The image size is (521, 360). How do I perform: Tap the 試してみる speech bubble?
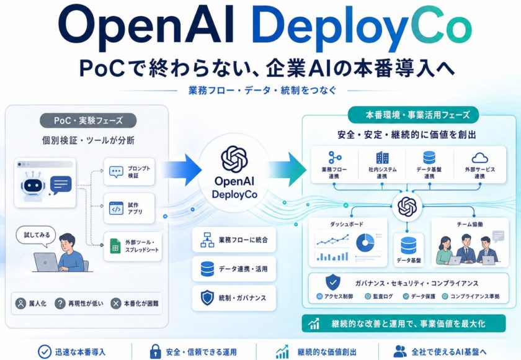(x=36, y=236)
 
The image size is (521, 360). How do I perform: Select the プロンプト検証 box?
(x=129, y=171)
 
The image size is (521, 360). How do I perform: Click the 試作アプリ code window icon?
(x=116, y=209)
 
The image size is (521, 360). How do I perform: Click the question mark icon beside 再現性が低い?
(x=60, y=303)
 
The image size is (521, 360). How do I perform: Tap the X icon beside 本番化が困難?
(x=115, y=303)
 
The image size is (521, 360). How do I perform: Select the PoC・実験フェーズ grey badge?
(x=88, y=120)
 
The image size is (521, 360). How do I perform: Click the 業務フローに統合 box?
(x=234, y=240)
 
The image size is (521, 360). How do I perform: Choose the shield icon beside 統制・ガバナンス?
(x=207, y=297)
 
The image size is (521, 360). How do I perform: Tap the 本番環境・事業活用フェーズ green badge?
(x=413, y=115)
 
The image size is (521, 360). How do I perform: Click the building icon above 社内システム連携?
(x=382, y=158)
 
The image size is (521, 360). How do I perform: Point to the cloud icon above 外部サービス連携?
(x=479, y=158)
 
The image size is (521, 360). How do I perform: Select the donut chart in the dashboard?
(x=365, y=242)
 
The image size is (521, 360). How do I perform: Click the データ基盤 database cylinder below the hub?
(x=408, y=246)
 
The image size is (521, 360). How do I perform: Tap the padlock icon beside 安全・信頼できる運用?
(x=155, y=351)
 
